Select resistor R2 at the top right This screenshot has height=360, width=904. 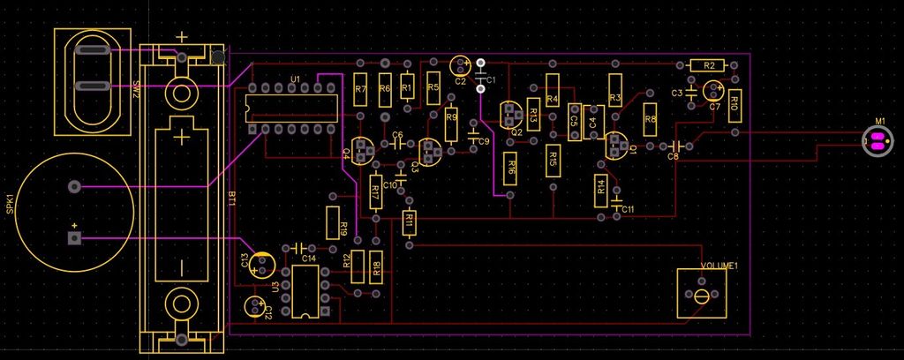(x=708, y=65)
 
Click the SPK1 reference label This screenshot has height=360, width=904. (x=10, y=209)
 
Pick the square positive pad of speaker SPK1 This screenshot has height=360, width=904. (x=74, y=238)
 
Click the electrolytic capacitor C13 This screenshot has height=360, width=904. (x=262, y=264)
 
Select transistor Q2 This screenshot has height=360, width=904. (x=511, y=115)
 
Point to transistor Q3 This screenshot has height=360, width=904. (x=432, y=151)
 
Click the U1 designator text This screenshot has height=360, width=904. (x=295, y=80)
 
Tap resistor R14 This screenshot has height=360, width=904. (x=601, y=186)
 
